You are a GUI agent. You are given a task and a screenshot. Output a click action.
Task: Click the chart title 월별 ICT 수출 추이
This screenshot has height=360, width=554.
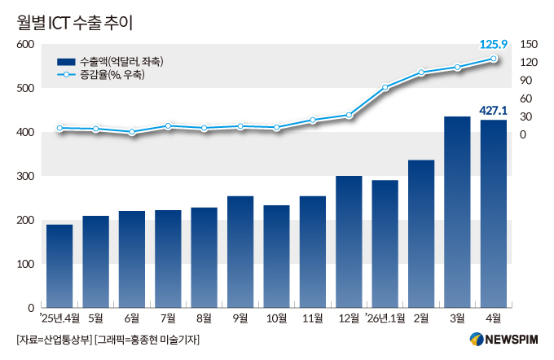pos(75,24)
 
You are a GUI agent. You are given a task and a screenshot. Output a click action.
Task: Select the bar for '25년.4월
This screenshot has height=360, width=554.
pos(59,266)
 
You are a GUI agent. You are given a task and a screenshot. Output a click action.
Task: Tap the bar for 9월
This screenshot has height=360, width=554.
pos(240,252)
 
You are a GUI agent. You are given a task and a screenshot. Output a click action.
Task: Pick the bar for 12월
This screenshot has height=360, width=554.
pos(349,242)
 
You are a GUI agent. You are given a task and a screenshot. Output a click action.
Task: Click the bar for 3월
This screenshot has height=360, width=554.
pos(457,212)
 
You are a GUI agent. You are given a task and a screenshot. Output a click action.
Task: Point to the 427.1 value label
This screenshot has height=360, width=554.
pos(493,111)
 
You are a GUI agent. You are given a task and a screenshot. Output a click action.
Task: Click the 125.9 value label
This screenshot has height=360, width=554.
pos(493,45)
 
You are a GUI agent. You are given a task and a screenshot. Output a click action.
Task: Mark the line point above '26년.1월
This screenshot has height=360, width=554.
pos(385,87)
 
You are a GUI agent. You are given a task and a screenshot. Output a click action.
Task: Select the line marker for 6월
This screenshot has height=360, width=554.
pos(132,132)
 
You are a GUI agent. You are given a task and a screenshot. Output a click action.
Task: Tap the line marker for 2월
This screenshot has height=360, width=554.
pos(421,72)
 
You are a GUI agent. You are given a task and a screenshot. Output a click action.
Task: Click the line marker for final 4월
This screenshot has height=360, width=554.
pos(493,59)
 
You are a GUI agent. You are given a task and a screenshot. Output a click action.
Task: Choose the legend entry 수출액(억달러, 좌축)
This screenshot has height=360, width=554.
pos(110,62)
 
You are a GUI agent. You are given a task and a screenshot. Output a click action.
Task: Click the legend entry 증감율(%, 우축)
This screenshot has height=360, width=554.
pos(101,75)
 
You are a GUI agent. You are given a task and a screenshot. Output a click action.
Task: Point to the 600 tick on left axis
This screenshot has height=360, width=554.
pos(25,45)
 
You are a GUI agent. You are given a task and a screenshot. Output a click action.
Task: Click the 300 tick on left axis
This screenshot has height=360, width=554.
pos(25,176)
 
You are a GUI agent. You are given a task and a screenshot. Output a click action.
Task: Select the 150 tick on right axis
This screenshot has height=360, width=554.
pos(529,45)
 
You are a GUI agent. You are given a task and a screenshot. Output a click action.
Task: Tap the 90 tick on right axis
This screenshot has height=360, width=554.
pos(525,81)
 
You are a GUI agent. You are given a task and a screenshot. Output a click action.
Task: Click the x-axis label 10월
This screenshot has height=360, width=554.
pos(277,318)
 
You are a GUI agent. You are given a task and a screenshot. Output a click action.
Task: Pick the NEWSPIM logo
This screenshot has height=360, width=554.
pos(503,340)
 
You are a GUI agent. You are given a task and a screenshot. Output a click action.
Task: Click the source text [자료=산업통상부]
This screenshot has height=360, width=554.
pos(54,340)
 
